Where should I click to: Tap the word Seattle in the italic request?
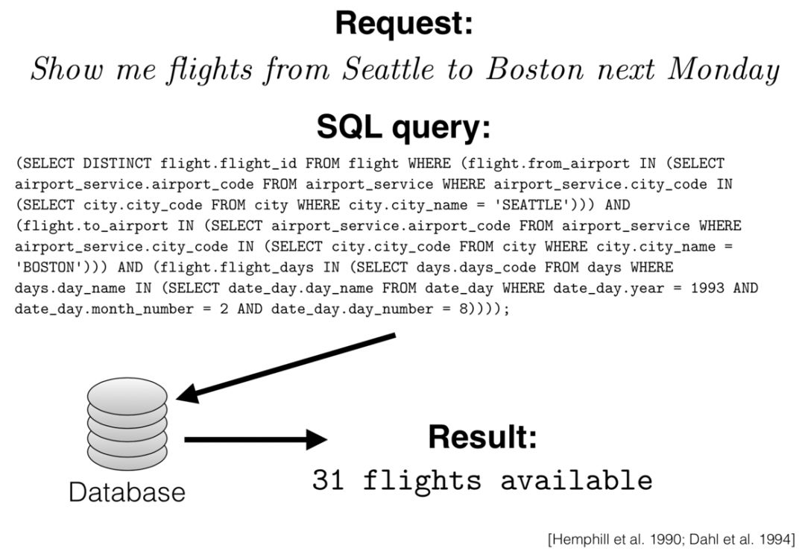point(388,71)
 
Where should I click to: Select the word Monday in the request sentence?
point(722,71)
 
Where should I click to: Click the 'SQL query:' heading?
point(403,127)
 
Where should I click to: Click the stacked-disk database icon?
point(127,424)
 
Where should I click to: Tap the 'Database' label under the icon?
point(127,492)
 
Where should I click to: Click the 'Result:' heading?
point(482,438)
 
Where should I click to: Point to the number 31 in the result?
point(329,480)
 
